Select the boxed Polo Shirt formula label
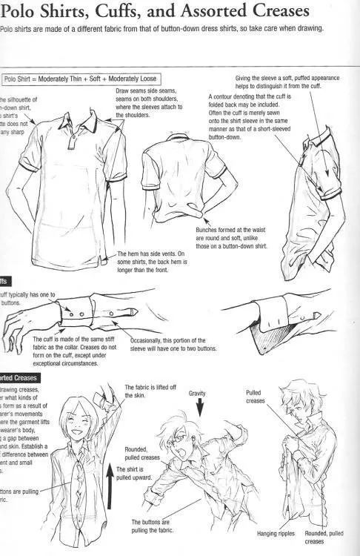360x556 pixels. pos(79,78)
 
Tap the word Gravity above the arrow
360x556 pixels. pos(196,393)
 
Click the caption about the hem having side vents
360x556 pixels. pos(152,261)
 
